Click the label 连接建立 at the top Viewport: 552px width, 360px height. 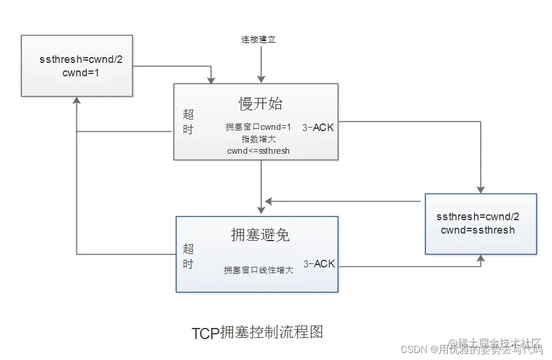pos(259,40)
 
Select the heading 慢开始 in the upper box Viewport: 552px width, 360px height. pos(260,103)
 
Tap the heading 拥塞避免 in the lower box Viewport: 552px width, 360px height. pos(260,235)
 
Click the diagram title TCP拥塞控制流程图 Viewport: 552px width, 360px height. pos(257,333)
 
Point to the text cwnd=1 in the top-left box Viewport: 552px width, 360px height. pos(77,73)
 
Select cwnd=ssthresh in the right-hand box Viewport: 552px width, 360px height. pos(477,230)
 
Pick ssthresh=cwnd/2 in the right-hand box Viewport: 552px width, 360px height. pos(477,217)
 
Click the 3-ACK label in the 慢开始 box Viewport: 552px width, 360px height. pos(319,127)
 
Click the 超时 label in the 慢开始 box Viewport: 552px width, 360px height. pos(188,122)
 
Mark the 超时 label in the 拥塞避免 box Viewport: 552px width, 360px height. pos(188,257)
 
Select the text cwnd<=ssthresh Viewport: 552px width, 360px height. pos(259,151)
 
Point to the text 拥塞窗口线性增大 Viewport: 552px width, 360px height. pos(259,270)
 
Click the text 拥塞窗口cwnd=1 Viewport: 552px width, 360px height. pos(258,127)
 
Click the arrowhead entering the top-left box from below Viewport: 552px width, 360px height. pos(77,100)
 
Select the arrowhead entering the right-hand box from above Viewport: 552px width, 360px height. pos(480,189)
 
